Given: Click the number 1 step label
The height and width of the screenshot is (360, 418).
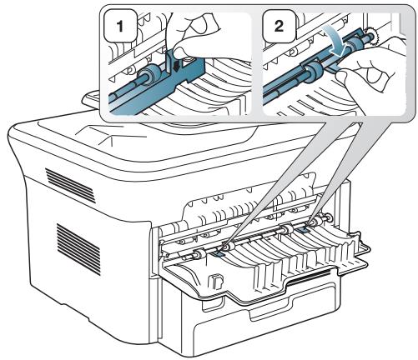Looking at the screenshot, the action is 120,27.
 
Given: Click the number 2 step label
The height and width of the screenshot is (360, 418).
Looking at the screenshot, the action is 279,26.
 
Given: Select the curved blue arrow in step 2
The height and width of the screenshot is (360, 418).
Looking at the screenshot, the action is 337,42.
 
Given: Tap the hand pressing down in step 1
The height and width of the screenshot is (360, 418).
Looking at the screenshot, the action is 194,36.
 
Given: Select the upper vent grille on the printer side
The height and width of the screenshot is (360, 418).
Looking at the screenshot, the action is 70,185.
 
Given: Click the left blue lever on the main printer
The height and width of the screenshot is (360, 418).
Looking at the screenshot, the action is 218,252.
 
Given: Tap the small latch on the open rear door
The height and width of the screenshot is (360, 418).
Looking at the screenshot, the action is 215,281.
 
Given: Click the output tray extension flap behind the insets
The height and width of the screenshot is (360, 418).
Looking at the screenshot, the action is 91,99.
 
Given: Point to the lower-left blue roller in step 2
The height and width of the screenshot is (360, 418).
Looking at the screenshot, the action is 314,72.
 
